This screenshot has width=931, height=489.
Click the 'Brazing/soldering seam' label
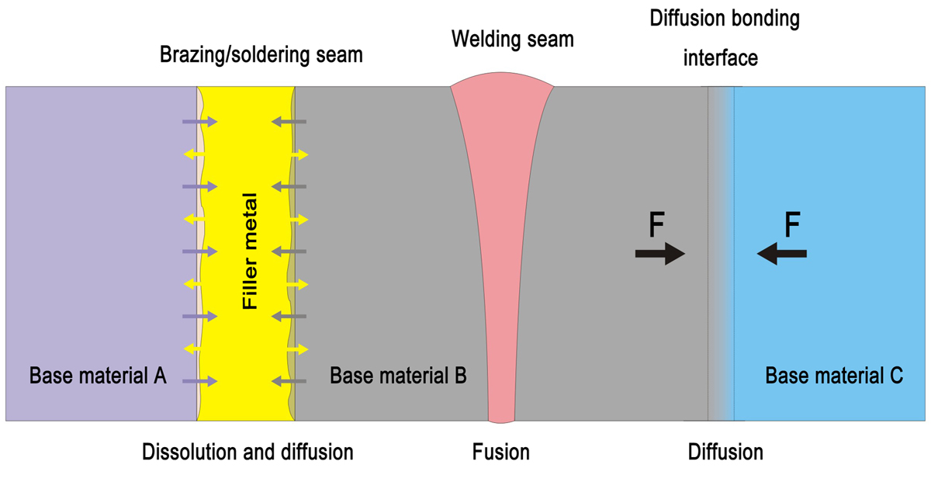coord(261,56)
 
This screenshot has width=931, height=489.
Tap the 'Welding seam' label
coord(512,39)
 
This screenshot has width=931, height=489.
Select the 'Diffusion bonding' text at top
coord(724,19)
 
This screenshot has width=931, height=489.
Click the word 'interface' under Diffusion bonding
coord(720,57)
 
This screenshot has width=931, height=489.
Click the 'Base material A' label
coord(98,376)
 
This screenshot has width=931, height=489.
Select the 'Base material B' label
coord(398,376)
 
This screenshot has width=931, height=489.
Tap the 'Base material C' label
coord(834,376)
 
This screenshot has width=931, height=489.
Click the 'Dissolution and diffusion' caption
coord(247,452)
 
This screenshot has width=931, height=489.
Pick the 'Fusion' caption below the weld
coord(501,452)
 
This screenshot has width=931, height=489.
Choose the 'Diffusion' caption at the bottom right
coord(725,452)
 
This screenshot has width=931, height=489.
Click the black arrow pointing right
coord(660,254)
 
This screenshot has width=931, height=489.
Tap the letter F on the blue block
coord(792,226)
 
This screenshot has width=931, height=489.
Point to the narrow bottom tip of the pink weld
coord(501,415)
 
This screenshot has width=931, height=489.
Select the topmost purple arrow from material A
coord(199,122)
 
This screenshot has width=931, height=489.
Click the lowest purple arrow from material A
coord(199,381)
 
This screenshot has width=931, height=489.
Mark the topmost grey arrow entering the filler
coord(289,122)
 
